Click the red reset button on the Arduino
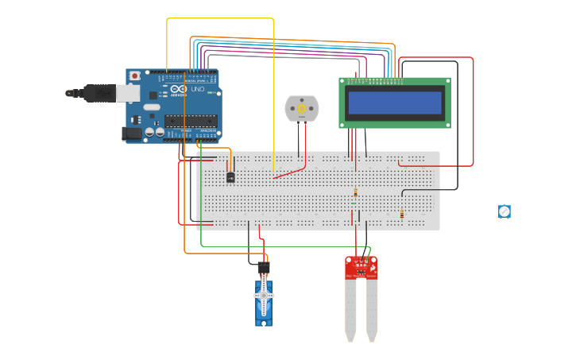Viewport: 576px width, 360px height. coord(134,75)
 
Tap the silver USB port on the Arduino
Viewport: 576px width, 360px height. coord(128,94)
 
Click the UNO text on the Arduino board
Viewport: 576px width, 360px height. coord(197,90)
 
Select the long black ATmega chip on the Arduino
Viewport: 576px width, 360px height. coord(191,121)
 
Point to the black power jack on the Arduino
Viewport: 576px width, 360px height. coord(131,134)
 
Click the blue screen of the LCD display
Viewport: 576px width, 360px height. coord(395,103)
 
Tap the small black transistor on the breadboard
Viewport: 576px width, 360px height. coord(230,176)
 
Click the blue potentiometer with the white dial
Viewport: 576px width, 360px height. coord(504,211)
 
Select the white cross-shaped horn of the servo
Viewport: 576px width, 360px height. coord(265,296)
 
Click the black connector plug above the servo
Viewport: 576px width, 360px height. coord(264,267)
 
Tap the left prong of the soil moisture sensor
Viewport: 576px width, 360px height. coord(350,310)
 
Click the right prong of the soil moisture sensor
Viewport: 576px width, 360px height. coord(372,310)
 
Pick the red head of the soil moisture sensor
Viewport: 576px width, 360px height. coord(361,267)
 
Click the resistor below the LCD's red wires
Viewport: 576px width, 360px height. coord(355,192)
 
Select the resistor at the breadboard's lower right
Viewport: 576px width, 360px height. coord(402,215)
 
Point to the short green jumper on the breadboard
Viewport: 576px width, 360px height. coord(354,203)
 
